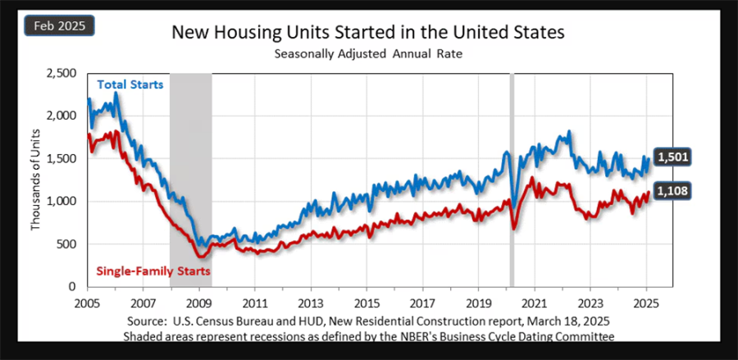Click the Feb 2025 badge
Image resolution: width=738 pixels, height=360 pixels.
[60, 26]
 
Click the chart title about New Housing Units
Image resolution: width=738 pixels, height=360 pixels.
[367, 34]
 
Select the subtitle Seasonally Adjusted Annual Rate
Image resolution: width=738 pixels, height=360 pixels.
[367, 54]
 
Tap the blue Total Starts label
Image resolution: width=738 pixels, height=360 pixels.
[130, 84]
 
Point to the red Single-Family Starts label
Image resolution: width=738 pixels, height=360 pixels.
[153, 270]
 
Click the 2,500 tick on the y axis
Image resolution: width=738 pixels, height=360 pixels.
[63, 74]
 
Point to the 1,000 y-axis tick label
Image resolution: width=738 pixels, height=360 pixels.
[63, 202]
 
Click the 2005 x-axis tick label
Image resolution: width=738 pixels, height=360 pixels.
[87, 303]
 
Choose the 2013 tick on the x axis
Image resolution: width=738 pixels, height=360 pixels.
[311, 303]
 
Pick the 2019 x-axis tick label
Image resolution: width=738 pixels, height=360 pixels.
[479, 303]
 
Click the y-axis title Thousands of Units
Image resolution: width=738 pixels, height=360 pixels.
[35, 180]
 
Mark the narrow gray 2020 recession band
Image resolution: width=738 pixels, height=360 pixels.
[512, 180]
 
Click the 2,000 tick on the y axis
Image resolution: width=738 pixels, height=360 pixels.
[63, 116]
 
